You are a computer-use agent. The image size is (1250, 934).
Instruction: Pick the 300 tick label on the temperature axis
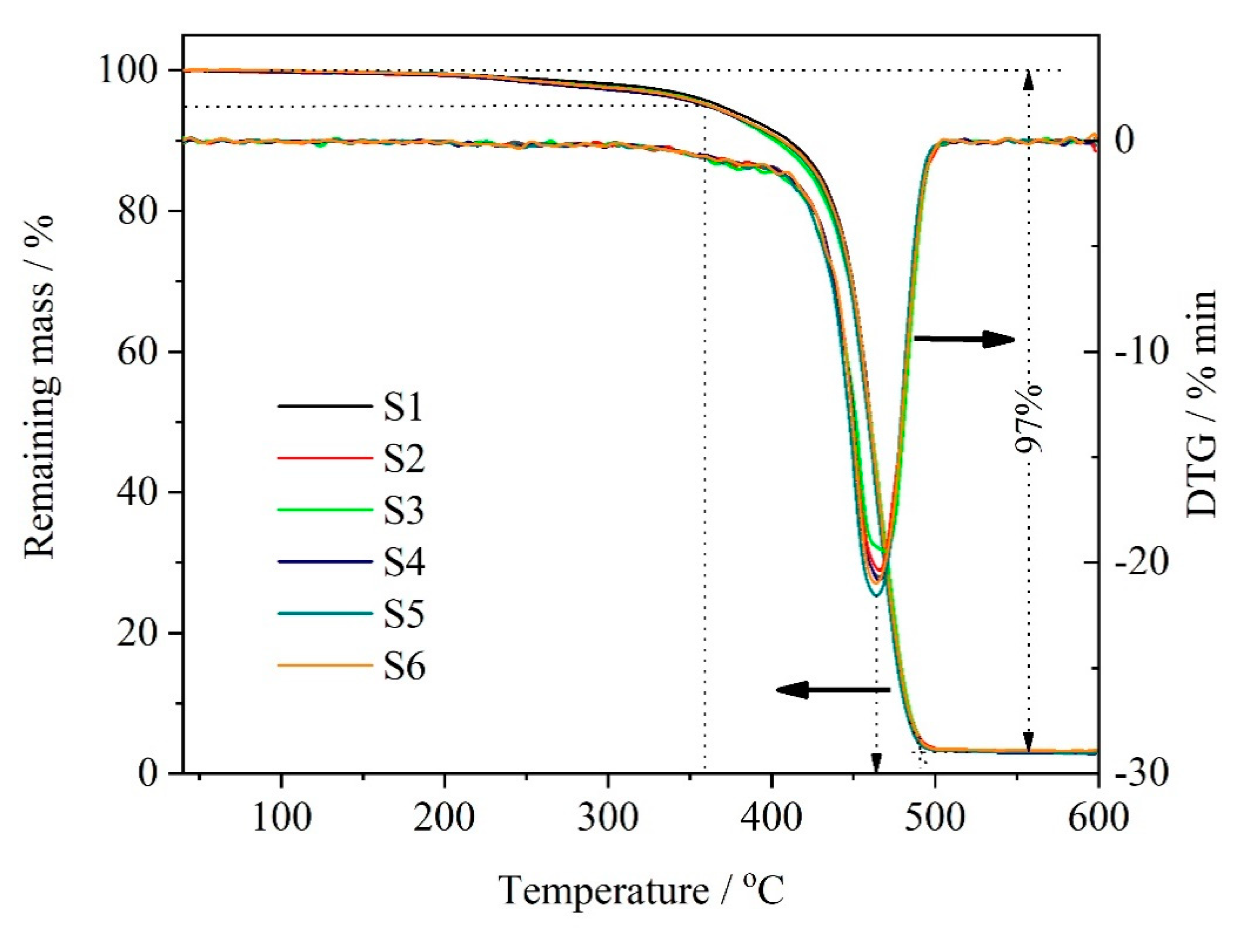coord(608,817)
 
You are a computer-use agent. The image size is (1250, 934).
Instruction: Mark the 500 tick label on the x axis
coord(935,817)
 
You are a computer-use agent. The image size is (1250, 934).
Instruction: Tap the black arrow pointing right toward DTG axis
coord(964,339)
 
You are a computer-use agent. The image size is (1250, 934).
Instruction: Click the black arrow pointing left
coord(833,689)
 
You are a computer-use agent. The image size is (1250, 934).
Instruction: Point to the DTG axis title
coord(1201,404)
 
